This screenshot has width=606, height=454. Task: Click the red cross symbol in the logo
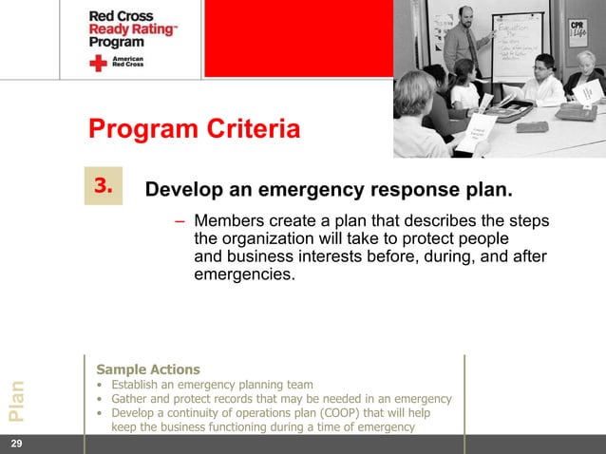click(98, 64)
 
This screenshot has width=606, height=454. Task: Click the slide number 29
click(16, 444)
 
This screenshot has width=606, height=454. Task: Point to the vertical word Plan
click(17, 400)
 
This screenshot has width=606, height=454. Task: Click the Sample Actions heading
click(147, 369)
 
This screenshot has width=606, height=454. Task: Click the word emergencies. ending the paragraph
click(244, 275)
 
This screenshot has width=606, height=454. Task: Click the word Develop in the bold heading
click(182, 191)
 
